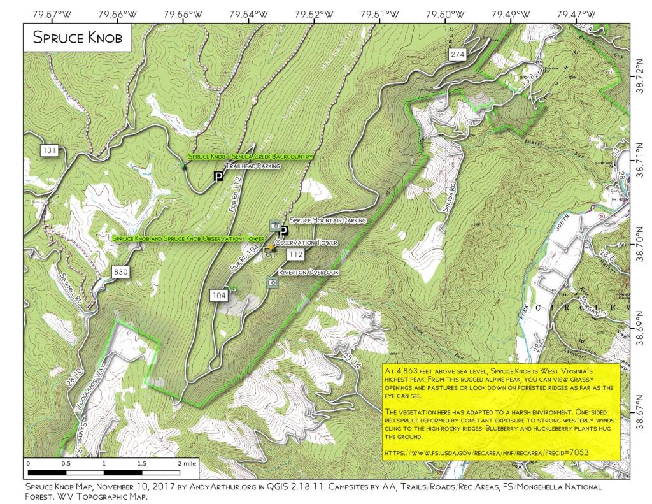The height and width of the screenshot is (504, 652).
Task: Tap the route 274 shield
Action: pos(457,55)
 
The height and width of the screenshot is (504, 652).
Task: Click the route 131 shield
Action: pos(49,151)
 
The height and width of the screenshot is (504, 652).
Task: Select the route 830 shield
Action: pos(121,272)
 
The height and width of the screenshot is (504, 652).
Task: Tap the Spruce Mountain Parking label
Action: pos(328,220)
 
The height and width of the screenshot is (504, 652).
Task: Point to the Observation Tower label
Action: pos(305,243)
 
